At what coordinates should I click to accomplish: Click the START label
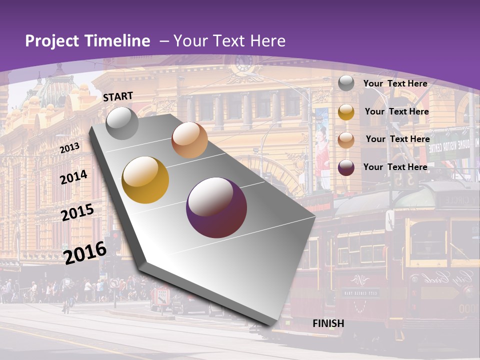pyautogui.click(x=118, y=96)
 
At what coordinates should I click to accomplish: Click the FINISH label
pyautogui.click(x=328, y=323)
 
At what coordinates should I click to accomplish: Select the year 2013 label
pyautogui.click(x=69, y=148)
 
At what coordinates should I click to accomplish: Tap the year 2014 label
pyautogui.click(x=74, y=177)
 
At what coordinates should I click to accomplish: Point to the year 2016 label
pyautogui.click(x=85, y=252)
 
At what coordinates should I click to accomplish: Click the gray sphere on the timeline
pyautogui.click(x=122, y=123)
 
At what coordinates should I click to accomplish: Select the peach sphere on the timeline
pyautogui.click(x=189, y=139)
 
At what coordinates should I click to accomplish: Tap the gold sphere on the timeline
pyautogui.click(x=145, y=180)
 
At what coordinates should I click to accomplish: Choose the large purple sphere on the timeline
pyautogui.click(x=216, y=207)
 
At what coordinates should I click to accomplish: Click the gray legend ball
pyautogui.click(x=346, y=83)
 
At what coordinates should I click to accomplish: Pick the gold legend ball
pyautogui.click(x=346, y=112)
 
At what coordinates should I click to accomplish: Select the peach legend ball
pyautogui.click(x=346, y=140)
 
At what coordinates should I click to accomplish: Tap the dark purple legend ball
pyautogui.click(x=346, y=167)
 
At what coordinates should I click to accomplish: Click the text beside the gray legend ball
pyautogui.click(x=395, y=83)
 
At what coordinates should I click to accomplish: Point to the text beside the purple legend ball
pyautogui.click(x=395, y=167)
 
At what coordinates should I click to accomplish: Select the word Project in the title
pyautogui.click(x=52, y=41)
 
